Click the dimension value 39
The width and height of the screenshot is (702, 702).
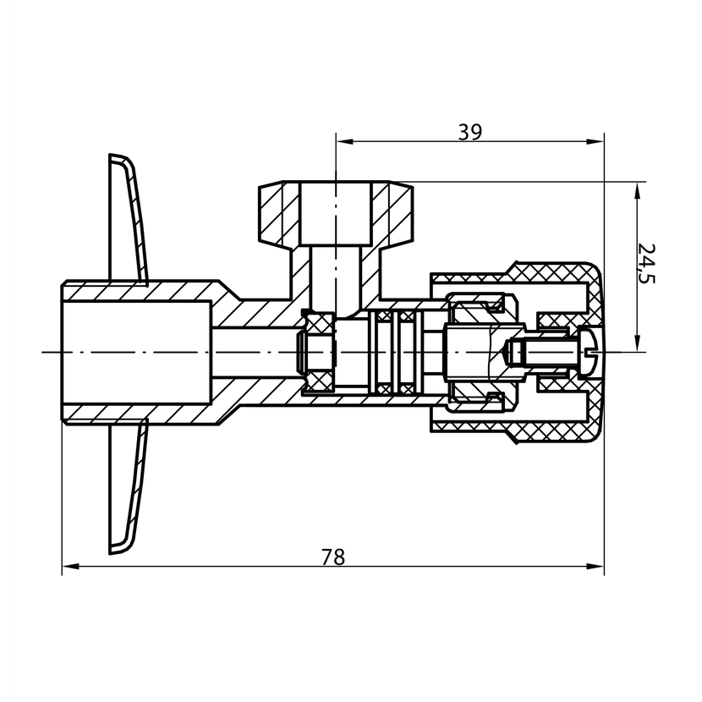click(x=469, y=132)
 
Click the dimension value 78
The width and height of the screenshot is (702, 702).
click(x=333, y=557)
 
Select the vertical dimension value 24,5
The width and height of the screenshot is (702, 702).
click(x=645, y=264)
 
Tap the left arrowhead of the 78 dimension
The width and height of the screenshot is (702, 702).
click(x=70, y=567)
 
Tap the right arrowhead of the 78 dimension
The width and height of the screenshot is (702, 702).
click(x=595, y=567)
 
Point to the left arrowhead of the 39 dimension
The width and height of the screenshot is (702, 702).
click(x=345, y=142)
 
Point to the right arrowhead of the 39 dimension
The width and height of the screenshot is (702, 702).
click(x=595, y=142)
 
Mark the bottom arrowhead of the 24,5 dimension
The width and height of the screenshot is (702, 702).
click(x=637, y=343)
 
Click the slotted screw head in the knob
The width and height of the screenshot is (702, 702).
click(x=589, y=352)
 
